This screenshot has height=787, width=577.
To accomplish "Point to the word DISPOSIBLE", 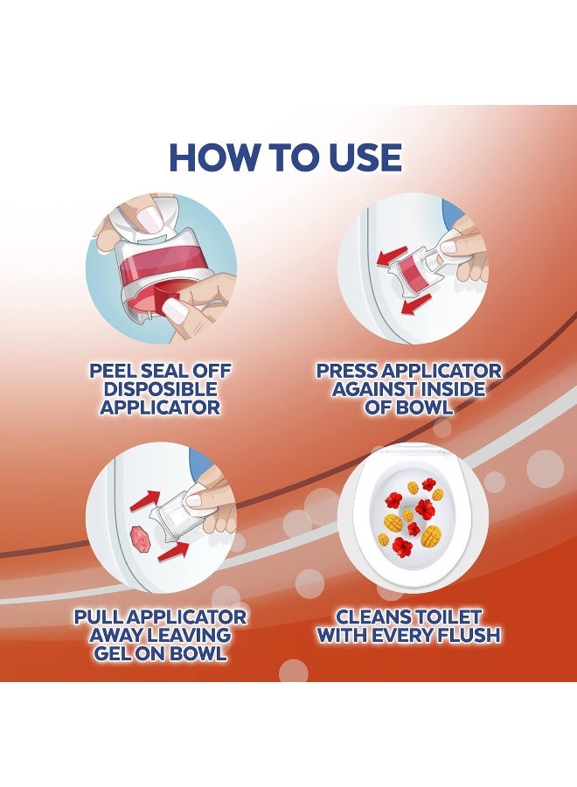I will tap(161, 389).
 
